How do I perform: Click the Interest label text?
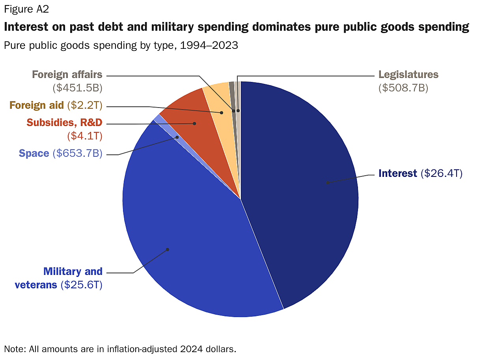[397, 173]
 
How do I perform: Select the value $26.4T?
[441, 173]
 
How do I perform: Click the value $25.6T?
[81, 285]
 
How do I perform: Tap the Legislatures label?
[408, 74]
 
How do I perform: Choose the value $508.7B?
[403, 88]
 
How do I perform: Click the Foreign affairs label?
[67, 74]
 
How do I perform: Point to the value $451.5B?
[77, 88]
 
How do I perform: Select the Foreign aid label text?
[36, 106]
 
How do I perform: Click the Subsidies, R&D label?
[64, 122]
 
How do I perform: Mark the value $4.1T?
[85, 136]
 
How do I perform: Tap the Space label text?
[34, 153]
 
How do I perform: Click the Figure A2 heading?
[26, 9]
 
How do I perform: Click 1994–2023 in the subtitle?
[209, 45]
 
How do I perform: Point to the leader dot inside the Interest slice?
[327, 182]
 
